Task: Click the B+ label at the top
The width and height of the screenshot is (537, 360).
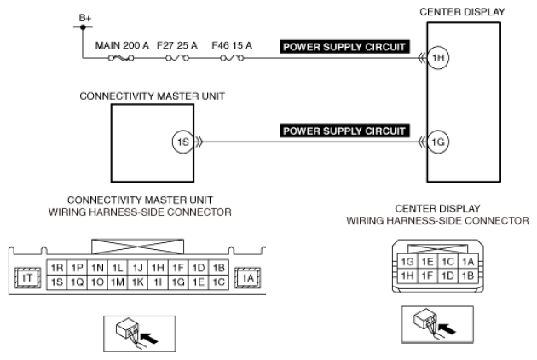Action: (85, 18)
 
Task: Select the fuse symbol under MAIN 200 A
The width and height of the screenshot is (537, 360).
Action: (121, 58)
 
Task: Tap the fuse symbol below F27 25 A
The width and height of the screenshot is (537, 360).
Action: (177, 58)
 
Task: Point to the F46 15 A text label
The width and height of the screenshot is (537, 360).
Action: (232, 45)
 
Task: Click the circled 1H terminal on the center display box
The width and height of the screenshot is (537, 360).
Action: (438, 58)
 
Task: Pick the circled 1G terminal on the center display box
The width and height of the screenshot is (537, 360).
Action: (438, 142)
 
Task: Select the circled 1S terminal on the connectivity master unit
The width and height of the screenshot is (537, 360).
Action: (183, 142)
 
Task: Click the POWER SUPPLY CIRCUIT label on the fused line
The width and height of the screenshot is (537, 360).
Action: (345, 47)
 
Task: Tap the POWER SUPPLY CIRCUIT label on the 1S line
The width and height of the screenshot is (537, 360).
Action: (345, 131)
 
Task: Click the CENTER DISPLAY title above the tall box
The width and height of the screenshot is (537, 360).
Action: (462, 12)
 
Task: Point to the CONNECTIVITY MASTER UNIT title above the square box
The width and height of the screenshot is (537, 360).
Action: (152, 96)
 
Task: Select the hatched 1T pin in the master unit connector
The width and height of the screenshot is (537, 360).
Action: (27, 278)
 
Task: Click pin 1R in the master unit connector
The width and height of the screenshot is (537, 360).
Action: (57, 268)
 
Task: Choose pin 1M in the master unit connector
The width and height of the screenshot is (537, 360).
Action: (118, 282)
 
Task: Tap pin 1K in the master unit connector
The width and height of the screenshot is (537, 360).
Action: (138, 282)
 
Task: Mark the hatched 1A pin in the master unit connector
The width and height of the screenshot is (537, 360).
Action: (247, 278)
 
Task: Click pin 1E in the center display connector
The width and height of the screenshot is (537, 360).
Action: (427, 262)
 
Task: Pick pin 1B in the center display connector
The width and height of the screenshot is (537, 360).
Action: (468, 276)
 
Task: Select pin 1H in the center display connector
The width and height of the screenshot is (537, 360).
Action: (407, 276)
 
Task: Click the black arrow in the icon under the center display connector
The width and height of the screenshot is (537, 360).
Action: (447, 328)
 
